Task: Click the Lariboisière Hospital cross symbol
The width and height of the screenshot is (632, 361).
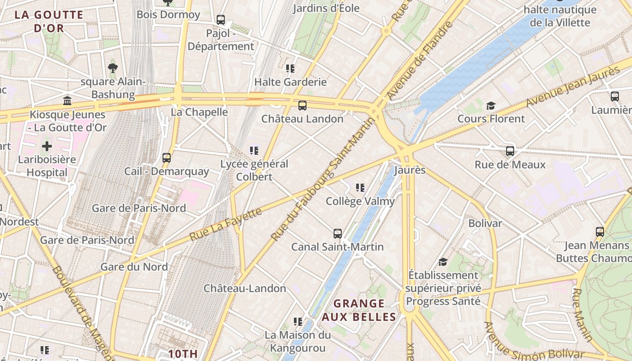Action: pos(47,146)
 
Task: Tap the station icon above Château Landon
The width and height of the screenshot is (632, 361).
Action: pos(302,106)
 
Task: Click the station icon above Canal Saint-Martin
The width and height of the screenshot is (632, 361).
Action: pos(338,233)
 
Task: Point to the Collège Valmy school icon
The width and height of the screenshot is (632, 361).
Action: pos(360,187)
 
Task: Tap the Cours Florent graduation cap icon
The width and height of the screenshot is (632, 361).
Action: pos(491,106)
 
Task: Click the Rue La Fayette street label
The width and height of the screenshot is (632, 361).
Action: pos(226,224)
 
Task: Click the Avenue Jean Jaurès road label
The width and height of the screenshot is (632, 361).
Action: pos(573,87)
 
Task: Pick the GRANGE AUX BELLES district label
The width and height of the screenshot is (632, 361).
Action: pos(359,310)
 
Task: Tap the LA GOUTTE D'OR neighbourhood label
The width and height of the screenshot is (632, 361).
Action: pos(49,21)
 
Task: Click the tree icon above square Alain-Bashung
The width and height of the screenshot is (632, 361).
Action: pos(113,68)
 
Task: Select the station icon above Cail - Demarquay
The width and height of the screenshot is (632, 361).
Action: pos(167,157)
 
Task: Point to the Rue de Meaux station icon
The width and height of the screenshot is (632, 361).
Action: pos(510,151)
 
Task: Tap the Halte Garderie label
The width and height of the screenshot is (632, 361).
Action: pos(290,82)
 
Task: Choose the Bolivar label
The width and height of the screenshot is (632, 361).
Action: pos(485,223)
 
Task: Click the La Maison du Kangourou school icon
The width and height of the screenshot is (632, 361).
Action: pos(297,321)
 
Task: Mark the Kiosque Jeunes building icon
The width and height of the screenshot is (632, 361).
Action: pos(67,101)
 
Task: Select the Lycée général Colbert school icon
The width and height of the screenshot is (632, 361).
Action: pos(254,150)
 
